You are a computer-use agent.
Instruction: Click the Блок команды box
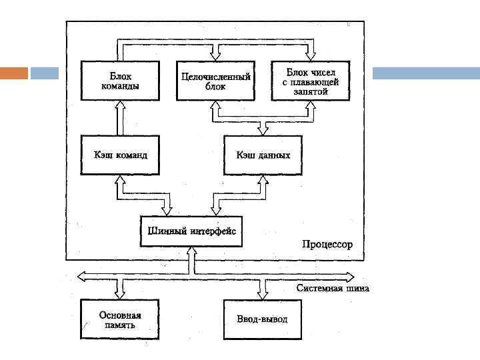point(120,81)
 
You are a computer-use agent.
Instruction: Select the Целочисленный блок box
point(215,81)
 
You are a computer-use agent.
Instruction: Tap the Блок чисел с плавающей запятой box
point(310,81)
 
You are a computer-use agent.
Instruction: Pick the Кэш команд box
point(120,155)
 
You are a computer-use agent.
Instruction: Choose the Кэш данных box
point(263,155)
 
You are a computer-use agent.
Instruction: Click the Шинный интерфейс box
point(191,233)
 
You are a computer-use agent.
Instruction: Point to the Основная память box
point(120,319)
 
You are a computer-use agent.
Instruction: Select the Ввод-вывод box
point(263,319)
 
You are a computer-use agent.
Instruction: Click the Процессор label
point(327,245)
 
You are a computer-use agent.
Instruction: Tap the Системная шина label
point(332,289)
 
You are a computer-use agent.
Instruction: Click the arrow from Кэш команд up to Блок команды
point(120,118)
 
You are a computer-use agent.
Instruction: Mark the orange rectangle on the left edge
point(14,73)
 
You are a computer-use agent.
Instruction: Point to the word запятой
point(310,91)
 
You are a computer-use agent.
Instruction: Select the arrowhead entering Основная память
point(120,294)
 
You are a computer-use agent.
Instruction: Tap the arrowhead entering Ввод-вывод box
point(263,294)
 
